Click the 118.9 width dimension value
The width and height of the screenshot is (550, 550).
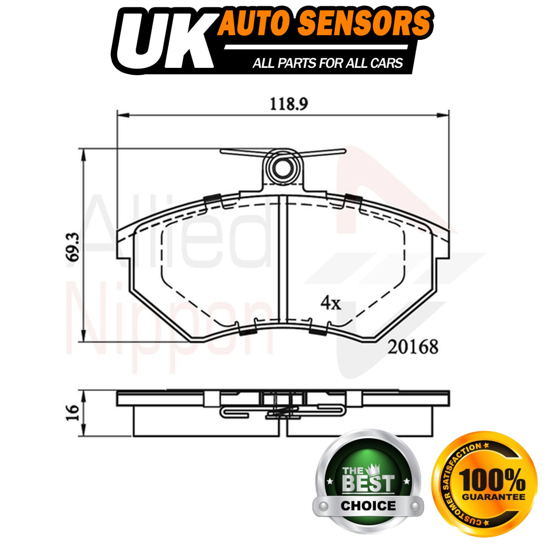coord(289,105)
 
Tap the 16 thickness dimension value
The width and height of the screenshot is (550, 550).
coord(72,413)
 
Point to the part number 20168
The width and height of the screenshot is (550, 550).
coord(412,347)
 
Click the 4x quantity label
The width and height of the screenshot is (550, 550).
coord(331,303)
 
